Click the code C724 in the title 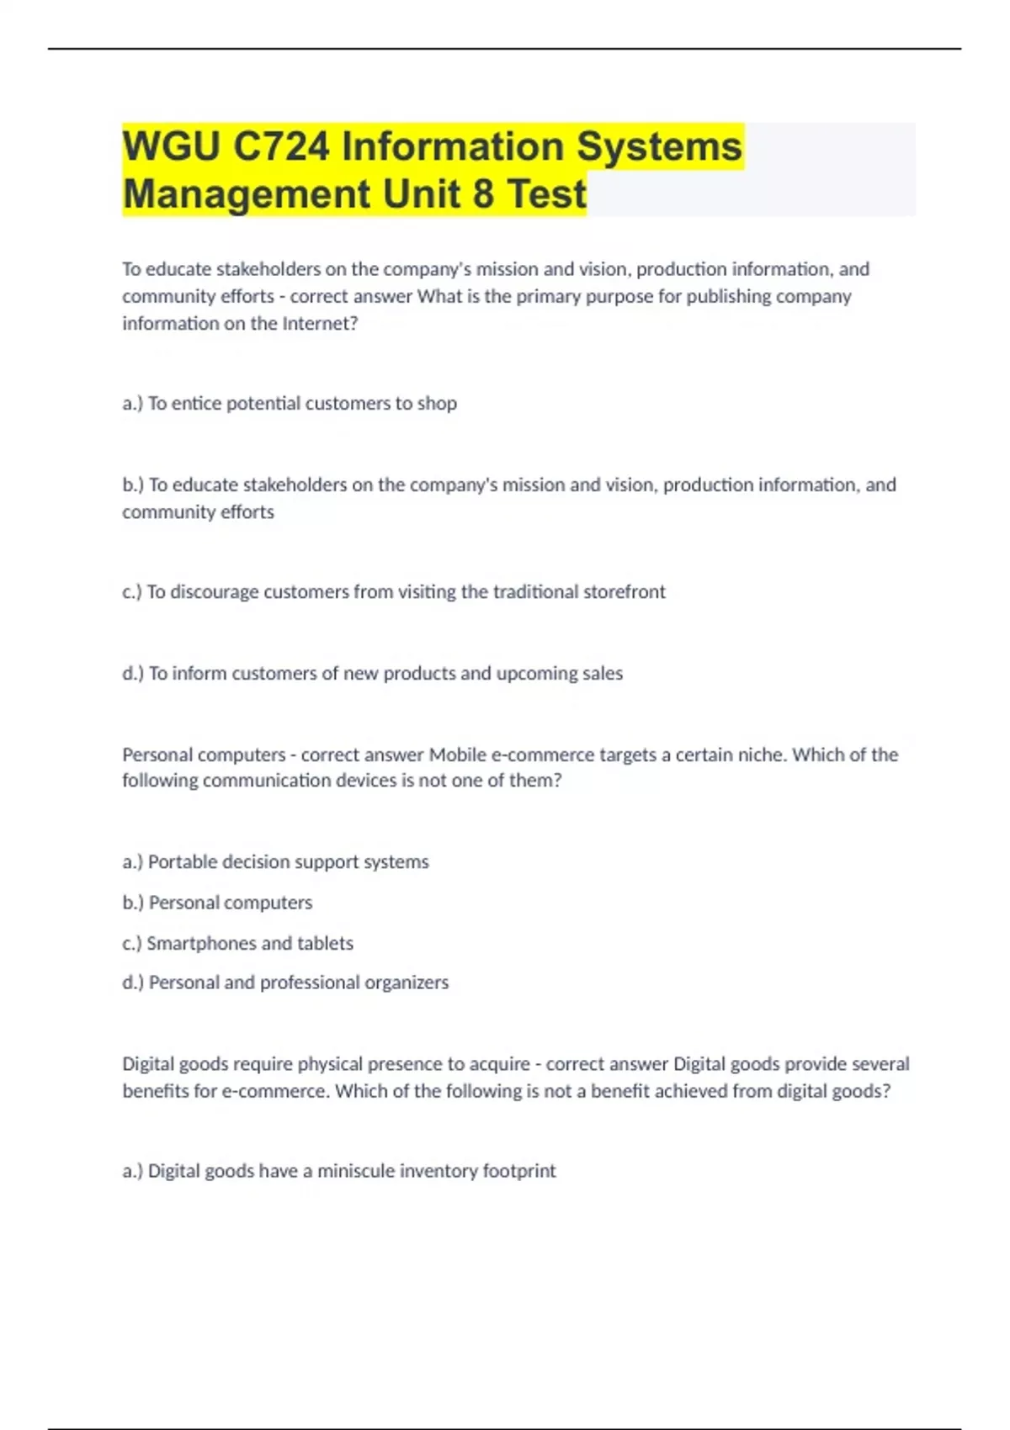coord(282,147)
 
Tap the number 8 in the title coord(482,194)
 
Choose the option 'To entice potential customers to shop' coord(302,404)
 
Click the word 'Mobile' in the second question coord(458,755)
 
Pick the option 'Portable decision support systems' coord(288,862)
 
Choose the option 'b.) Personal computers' coord(217,903)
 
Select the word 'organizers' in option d coord(408,982)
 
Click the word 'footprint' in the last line coord(518,1171)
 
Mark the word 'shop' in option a coord(437,404)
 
